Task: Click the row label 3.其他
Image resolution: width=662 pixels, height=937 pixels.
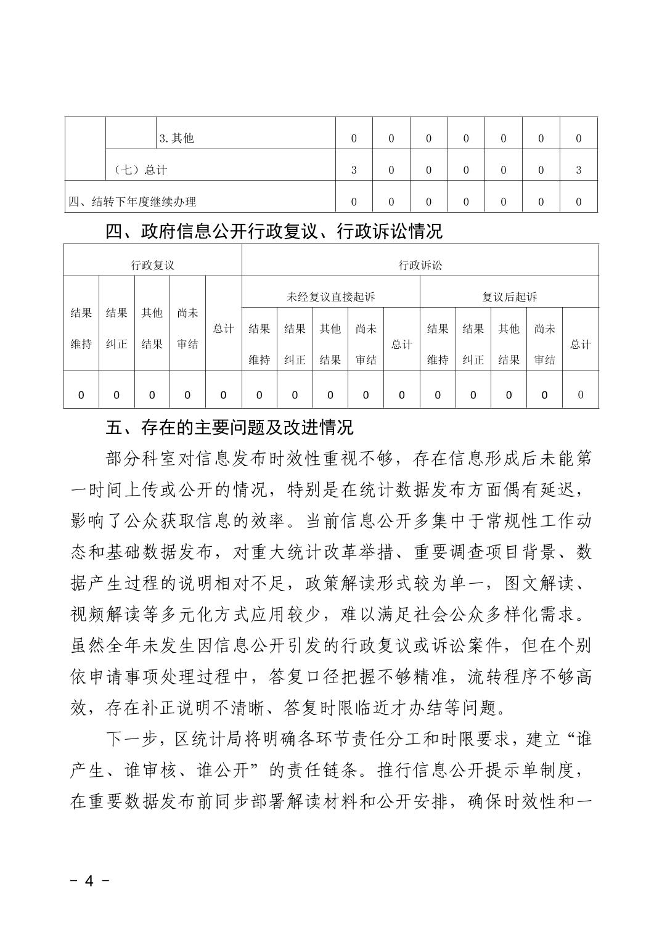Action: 177,139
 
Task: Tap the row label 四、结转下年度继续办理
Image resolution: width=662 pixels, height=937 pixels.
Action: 133,202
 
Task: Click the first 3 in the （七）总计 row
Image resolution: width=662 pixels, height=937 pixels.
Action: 354,170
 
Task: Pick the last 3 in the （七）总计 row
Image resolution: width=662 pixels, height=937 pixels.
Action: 578,170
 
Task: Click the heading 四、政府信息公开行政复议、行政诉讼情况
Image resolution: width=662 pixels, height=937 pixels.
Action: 274,232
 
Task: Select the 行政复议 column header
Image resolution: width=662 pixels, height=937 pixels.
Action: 152,265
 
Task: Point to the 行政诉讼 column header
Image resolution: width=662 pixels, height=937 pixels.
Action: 420,265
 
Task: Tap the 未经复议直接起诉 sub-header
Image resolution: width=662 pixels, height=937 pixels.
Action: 330,297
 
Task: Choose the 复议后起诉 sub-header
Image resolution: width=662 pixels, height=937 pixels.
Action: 509,297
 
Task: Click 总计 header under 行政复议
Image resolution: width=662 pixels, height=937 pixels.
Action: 223,329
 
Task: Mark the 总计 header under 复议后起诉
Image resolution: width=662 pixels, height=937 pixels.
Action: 580,345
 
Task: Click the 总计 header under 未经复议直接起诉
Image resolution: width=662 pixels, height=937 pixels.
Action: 401,345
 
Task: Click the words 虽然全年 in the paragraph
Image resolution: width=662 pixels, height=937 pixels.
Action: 107,645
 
